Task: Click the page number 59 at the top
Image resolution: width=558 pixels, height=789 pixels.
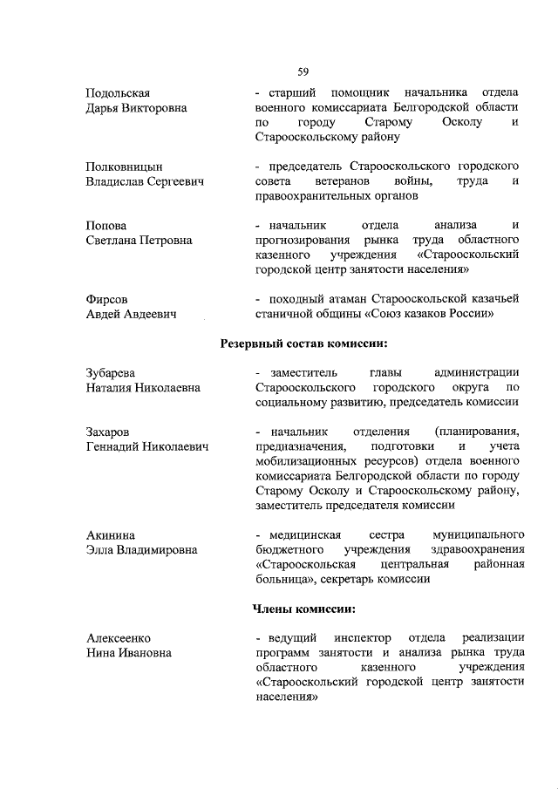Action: [x=303, y=71]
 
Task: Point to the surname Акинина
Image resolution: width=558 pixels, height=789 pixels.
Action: [x=111, y=534]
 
